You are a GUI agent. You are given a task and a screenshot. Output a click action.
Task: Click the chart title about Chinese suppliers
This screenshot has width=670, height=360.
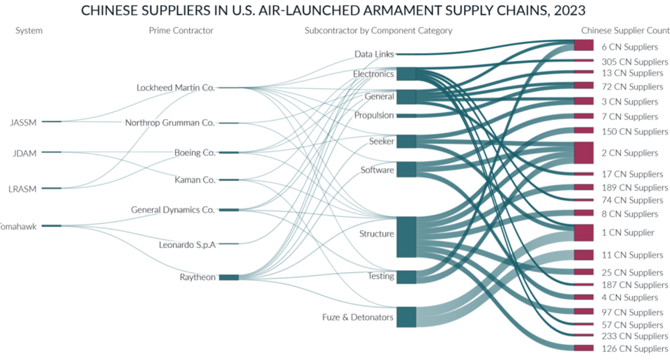[x=333, y=11]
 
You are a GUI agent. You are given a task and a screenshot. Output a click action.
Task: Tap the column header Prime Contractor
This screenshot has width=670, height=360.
[x=181, y=31]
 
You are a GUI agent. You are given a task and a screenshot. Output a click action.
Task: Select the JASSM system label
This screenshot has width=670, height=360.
[x=23, y=122]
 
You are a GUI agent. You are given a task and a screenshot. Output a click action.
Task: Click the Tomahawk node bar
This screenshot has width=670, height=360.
[x=52, y=226]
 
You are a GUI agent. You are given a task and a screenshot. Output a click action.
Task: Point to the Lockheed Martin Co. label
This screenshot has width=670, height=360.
[x=176, y=87]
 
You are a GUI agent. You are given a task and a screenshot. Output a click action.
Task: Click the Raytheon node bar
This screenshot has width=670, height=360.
[x=229, y=277]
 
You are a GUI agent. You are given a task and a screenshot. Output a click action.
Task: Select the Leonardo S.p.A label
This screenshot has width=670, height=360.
[x=187, y=245]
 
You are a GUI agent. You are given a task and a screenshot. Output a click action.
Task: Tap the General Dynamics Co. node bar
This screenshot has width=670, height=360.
[x=229, y=210]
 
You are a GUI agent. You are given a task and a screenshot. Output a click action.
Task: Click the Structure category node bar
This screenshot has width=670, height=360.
[x=406, y=237]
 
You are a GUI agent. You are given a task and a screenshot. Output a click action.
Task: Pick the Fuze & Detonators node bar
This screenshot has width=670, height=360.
[x=406, y=317]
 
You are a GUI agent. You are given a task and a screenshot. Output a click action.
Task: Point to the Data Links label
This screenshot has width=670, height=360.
[x=374, y=54]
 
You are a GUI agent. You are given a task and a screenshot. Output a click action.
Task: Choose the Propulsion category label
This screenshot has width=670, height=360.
[x=374, y=115]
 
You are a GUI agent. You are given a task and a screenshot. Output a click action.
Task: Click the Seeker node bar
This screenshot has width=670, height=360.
[x=406, y=142]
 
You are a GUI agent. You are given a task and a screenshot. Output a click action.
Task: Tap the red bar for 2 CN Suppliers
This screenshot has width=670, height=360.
[x=583, y=153]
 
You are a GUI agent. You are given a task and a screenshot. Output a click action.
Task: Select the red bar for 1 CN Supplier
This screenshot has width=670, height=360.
[x=583, y=233]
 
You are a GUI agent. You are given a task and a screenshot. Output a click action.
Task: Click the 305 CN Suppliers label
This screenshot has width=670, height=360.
[x=635, y=62]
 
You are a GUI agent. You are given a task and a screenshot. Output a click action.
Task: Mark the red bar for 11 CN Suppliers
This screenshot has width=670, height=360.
[x=583, y=255]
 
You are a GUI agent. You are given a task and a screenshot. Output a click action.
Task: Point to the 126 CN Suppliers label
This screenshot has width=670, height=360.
[x=635, y=349]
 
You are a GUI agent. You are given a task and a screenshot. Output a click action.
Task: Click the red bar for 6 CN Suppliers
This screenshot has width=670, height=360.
[x=583, y=45]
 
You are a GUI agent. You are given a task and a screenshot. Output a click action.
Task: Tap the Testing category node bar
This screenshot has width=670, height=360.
[x=406, y=277]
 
